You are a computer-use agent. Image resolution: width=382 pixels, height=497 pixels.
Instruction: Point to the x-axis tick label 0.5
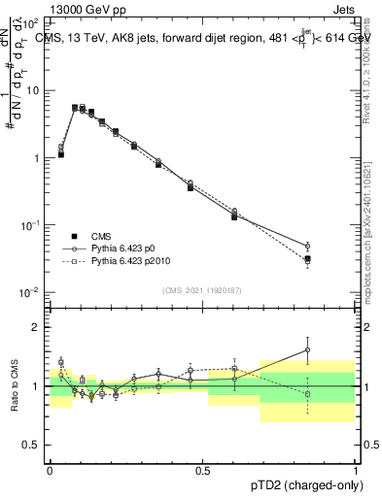(x=202, y=469)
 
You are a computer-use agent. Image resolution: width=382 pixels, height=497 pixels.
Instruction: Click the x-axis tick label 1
(x=354, y=469)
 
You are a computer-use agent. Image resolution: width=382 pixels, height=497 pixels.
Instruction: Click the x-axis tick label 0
(x=50, y=469)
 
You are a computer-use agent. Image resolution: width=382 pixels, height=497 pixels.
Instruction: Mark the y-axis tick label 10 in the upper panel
(x=33, y=90)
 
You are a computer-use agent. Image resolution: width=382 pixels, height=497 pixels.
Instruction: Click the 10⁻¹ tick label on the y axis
(x=31, y=225)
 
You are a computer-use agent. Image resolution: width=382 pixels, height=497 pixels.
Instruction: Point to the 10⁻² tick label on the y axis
(x=31, y=293)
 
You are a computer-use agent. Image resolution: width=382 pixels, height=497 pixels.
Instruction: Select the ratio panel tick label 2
(x=39, y=327)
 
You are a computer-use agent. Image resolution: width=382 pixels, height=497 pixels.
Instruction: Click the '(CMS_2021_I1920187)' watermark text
(x=201, y=290)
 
